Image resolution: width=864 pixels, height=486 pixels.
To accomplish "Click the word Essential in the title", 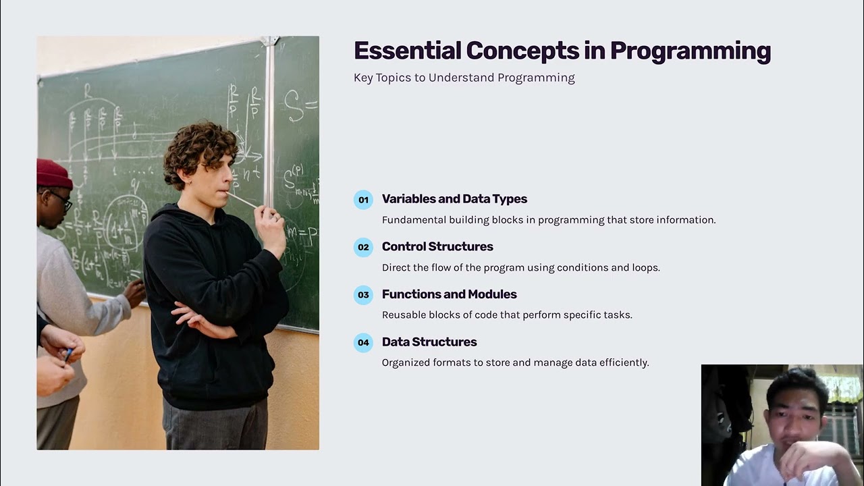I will coord(407,51).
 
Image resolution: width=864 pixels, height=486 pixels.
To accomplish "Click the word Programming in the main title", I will coord(690,51).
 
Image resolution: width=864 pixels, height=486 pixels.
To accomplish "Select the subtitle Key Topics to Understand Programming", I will coord(464,78).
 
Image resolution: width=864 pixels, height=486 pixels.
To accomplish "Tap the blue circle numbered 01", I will coord(363,200).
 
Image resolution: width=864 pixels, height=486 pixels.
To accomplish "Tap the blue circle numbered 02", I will coord(363,247).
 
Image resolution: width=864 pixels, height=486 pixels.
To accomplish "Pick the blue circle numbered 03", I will coord(363,295).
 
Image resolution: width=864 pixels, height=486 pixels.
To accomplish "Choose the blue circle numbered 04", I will coord(363,342).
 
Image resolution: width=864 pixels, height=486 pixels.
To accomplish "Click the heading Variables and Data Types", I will coord(454,199).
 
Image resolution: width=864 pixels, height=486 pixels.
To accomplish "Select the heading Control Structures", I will coord(437,246).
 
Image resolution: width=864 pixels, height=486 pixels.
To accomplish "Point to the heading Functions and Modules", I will coord(449,294).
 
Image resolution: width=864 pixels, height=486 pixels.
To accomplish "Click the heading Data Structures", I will coord(429,342).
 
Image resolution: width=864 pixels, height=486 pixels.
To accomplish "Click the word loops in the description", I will coord(645,267).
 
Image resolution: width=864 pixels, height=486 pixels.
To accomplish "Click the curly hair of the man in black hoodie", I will coord(200,145).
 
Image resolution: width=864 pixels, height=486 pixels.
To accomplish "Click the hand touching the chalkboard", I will coord(135,291).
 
